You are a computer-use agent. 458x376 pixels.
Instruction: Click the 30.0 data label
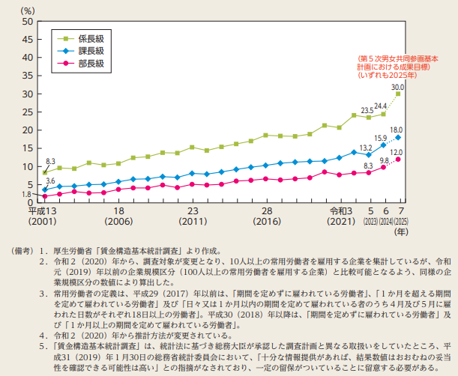[x=397, y=87]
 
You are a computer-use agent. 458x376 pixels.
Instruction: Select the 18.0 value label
[x=397, y=130]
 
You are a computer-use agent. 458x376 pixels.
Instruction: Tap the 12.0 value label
[x=397, y=152]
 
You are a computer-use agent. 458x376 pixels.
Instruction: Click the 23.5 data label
[x=367, y=110]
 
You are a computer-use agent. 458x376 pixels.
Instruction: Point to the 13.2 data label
[x=367, y=148]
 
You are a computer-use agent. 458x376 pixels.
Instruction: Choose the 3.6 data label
[x=50, y=181]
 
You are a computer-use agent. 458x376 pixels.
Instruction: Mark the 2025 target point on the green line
[x=399, y=94]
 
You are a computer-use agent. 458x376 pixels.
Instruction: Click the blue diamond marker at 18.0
[x=399, y=138]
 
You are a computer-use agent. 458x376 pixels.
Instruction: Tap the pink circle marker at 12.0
[x=399, y=160]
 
